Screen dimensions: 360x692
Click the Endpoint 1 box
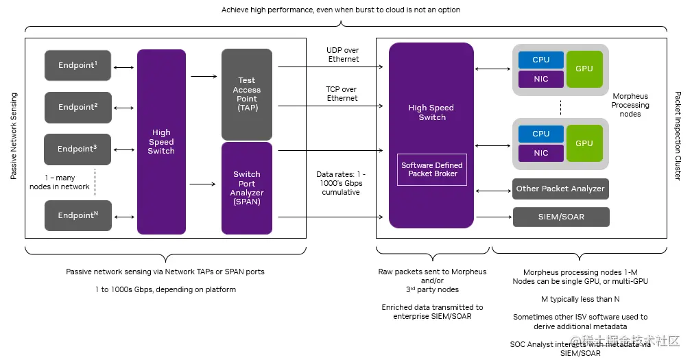pyautogui.click(x=77, y=65)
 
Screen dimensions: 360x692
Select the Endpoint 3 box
pyautogui.click(x=77, y=149)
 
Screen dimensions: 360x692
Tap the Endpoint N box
pyautogui.click(x=77, y=215)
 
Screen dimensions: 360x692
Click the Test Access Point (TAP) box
pyautogui.click(x=247, y=95)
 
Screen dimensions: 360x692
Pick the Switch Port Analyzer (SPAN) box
pyautogui.click(x=247, y=188)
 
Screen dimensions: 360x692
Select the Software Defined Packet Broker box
pyautogui.click(x=432, y=169)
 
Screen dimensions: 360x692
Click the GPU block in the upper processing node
pyautogui.click(x=584, y=69)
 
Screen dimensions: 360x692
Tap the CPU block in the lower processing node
pyautogui.click(x=540, y=134)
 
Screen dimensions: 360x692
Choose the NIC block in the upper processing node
pyautogui.click(x=540, y=79)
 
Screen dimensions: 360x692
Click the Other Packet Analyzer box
pyautogui.click(x=560, y=189)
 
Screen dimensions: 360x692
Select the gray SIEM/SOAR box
pyautogui.click(x=560, y=217)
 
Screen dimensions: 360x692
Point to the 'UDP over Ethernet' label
pyautogui.click(x=343, y=55)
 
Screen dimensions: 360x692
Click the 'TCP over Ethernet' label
pyautogui.click(x=342, y=94)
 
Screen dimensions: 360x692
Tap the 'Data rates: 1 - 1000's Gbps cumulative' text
pyautogui.click(x=342, y=183)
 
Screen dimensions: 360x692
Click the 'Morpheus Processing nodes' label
pyautogui.click(x=630, y=105)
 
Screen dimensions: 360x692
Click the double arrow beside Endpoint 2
pyautogui.click(x=124, y=107)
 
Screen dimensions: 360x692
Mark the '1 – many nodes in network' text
pyautogui.click(x=60, y=182)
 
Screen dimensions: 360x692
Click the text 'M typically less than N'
pyautogui.click(x=580, y=299)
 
